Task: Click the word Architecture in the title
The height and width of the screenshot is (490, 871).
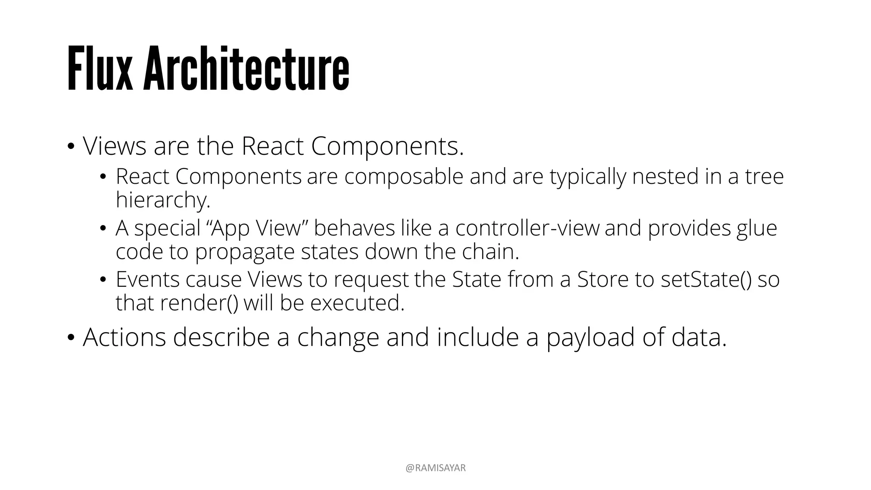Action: coord(246,69)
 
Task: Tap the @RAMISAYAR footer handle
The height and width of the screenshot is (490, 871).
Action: coord(435,468)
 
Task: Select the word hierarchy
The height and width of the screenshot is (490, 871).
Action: coord(163,200)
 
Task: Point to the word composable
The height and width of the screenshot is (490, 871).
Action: coord(404,177)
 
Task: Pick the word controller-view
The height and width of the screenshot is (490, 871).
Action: coord(527,228)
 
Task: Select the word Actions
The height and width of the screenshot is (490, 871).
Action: coord(124,337)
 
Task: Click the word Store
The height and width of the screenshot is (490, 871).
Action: coord(603,279)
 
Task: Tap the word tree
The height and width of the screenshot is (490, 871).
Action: coord(764,177)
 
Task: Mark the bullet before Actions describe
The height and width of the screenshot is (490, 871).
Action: coord(71,337)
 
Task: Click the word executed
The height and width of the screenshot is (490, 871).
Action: coord(357,303)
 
